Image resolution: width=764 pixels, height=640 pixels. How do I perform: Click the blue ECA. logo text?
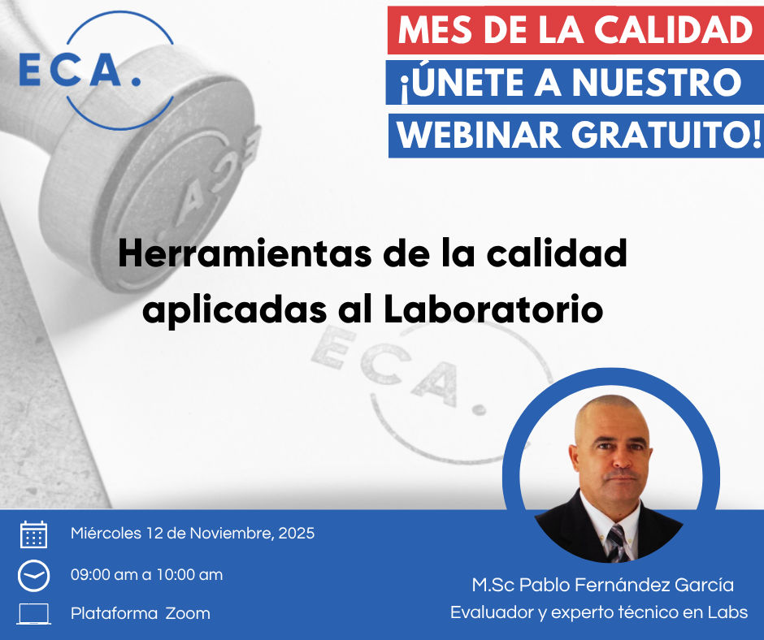click(80, 70)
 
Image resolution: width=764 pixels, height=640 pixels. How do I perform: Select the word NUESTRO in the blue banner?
click(657, 82)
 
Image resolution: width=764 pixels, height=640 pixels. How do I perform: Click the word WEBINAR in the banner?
click(479, 135)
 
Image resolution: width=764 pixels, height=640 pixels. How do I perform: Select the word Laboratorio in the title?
click(493, 309)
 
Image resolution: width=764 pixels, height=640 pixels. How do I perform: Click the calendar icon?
click(33, 534)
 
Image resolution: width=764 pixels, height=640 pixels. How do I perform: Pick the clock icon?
click(33, 576)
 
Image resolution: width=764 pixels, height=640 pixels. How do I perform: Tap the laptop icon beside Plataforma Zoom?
click(33, 614)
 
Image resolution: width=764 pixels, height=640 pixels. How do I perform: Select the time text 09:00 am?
click(104, 575)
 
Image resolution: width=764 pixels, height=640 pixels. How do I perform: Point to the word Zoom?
click(188, 614)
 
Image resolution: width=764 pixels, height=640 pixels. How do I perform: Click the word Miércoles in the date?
click(106, 534)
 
